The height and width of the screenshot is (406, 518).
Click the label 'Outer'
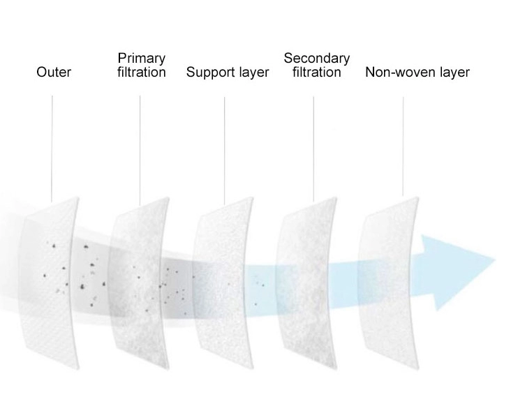(53, 73)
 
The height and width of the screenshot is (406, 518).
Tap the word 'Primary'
(141, 59)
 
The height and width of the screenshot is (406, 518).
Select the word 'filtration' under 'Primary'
(141, 73)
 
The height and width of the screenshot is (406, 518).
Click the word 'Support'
(209, 73)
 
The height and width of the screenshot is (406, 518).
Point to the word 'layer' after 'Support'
(251, 73)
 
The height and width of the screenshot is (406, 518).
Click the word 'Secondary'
(317, 59)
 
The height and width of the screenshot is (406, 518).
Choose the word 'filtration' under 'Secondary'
(317, 73)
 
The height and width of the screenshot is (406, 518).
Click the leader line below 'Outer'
(52, 146)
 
